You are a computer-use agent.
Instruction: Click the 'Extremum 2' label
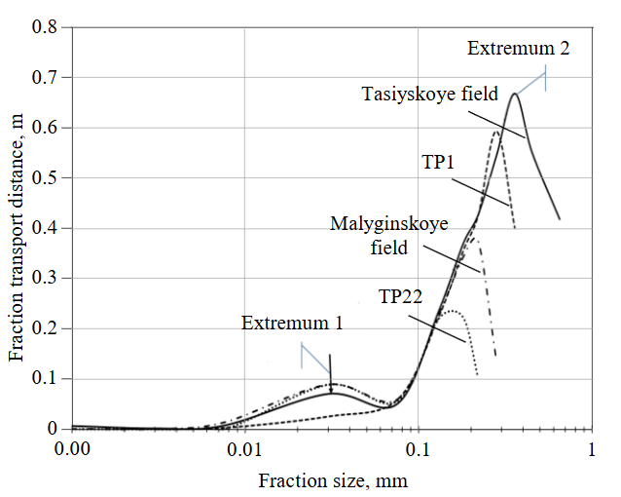(518, 47)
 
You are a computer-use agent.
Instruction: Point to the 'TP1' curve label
(438, 162)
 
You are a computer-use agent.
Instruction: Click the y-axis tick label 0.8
(45, 27)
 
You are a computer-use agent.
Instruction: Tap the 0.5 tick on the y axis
(45, 178)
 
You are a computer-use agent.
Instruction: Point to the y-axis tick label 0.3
(45, 279)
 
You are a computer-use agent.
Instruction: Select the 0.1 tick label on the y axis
(45, 379)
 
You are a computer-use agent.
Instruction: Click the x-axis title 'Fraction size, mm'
(332, 480)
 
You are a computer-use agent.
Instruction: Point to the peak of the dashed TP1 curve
(497, 130)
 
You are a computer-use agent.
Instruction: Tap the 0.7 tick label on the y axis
(45, 78)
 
